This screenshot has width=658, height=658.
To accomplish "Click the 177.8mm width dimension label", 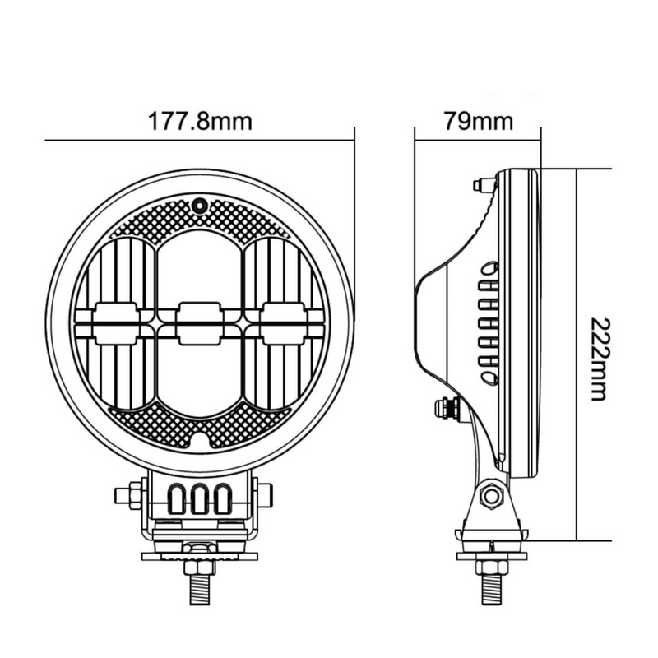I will (200, 122).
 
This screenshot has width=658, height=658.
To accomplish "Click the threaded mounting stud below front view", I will (199, 591).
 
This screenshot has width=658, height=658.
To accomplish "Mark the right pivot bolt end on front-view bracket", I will (266, 496).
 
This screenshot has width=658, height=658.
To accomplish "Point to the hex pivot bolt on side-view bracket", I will (492, 496).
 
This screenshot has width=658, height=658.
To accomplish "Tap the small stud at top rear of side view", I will (484, 184).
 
